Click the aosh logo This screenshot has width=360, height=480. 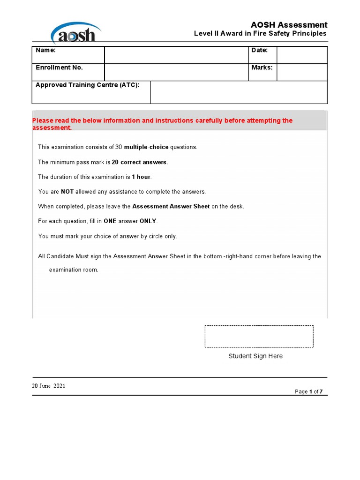[x=75, y=33]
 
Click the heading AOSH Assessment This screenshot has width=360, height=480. [x=289, y=25]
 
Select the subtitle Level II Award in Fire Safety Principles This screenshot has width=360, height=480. [x=260, y=34]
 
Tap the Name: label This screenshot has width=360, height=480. [x=45, y=50]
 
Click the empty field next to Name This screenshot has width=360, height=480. [x=176, y=55]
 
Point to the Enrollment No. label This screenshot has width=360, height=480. [x=59, y=67]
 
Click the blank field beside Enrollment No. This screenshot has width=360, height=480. [x=176, y=72]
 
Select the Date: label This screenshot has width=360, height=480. [x=260, y=50]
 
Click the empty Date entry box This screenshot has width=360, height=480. [x=302, y=55]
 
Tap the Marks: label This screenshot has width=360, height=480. [x=262, y=67]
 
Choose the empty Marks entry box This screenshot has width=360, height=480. [x=302, y=72]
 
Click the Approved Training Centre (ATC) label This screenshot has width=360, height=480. [x=88, y=85]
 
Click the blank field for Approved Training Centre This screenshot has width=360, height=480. [x=239, y=92]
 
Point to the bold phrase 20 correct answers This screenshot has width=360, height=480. [x=139, y=162]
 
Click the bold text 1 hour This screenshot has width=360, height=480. [x=142, y=177]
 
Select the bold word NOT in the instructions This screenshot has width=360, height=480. [x=67, y=192]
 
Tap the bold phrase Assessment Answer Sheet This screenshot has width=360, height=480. [x=171, y=207]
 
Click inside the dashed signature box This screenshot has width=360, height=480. [x=259, y=337]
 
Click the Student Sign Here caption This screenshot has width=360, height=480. [x=255, y=356]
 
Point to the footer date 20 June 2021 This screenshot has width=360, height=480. [x=49, y=386]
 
